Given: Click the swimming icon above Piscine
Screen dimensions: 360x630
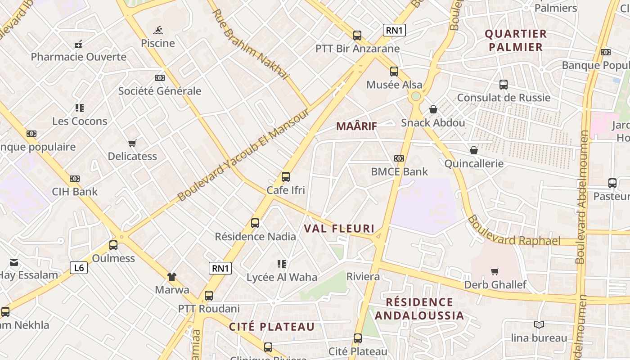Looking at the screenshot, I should pos(157,30).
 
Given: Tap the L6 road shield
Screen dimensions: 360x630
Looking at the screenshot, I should pos(79,268).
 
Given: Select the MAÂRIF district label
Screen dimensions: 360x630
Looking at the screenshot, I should pos(356,126).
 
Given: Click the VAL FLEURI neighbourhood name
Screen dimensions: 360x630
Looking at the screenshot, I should pos(339,229).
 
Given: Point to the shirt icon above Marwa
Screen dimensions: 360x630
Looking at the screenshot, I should pos(172,276).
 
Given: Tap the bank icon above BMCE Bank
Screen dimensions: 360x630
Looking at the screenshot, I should pos(399,158).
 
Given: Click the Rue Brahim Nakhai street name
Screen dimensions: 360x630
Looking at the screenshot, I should pos(250,44).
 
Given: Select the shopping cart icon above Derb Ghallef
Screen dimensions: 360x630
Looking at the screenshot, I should pos(495,271).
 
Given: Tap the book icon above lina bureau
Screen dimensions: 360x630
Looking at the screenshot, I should pos(539,324).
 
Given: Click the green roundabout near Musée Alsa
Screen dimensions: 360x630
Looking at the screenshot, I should pos(416,96).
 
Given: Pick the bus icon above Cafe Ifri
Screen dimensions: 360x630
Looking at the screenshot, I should pos(286,177).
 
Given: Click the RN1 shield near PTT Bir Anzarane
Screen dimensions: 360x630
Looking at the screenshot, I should pos(395,30).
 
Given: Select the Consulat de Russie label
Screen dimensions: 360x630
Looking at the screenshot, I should pos(504,98).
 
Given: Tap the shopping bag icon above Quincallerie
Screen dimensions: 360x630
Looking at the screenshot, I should pos(473,150).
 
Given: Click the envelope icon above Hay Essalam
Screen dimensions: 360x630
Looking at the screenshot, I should pos(14,262).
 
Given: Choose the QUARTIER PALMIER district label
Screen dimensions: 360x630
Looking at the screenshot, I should pos(516,40).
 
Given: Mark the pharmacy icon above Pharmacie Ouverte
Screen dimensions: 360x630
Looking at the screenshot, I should pos(79,44).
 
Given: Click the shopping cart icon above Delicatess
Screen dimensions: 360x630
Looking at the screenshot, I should pos(132,143).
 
